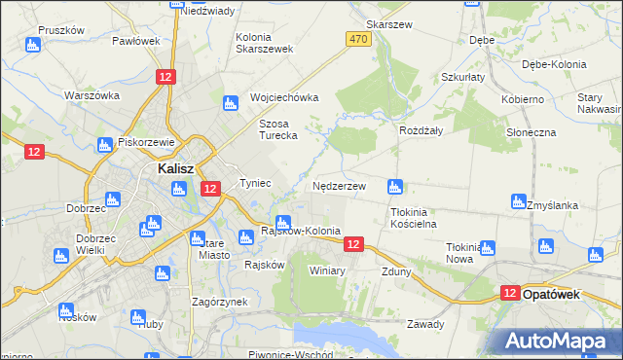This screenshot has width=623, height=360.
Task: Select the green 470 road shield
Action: (358, 39)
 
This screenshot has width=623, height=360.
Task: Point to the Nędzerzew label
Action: (339, 185)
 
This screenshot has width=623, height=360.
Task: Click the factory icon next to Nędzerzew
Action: (395, 185)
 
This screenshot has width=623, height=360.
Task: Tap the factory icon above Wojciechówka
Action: (232, 101)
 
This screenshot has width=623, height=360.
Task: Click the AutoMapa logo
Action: (556, 341)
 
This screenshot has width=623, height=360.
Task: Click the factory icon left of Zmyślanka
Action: (519, 201)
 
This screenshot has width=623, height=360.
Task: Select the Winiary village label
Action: (327, 270)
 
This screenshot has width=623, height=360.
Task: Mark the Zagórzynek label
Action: (220, 302)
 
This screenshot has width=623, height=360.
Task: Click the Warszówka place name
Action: (92, 95)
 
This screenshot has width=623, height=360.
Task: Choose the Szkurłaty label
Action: (462, 77)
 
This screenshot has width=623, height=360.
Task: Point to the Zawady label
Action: (425, 324)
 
